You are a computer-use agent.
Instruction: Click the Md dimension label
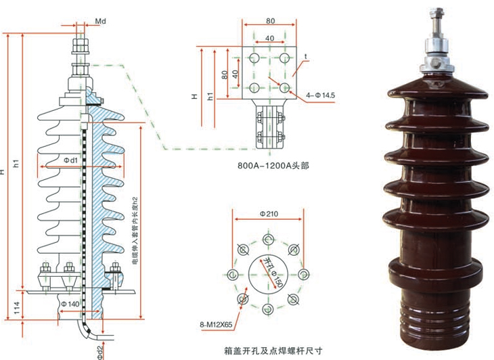point(99,22)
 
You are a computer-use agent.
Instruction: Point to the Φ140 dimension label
point(70,305)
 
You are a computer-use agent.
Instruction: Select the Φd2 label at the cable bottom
point(99,350)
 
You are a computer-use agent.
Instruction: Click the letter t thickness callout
point(305,56)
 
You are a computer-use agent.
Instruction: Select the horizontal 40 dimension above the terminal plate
point(269,37)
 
